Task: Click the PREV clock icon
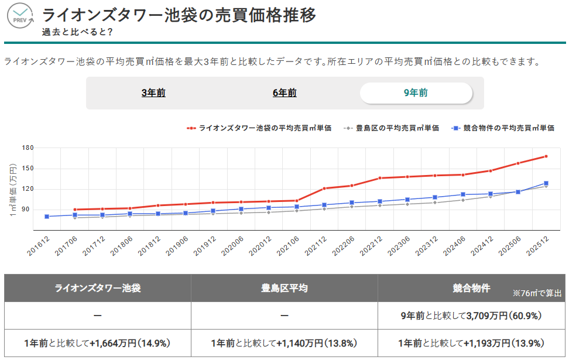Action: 20,16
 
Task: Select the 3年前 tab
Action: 153,92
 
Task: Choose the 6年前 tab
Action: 284,92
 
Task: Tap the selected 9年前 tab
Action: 416,92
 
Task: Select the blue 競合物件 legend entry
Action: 503,128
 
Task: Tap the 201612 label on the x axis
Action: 39,244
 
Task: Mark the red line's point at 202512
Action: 546,156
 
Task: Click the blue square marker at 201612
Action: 47,217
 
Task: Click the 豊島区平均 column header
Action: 284,288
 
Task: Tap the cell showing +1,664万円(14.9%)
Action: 98,343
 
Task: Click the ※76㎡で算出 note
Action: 537,293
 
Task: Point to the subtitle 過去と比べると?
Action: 77,32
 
